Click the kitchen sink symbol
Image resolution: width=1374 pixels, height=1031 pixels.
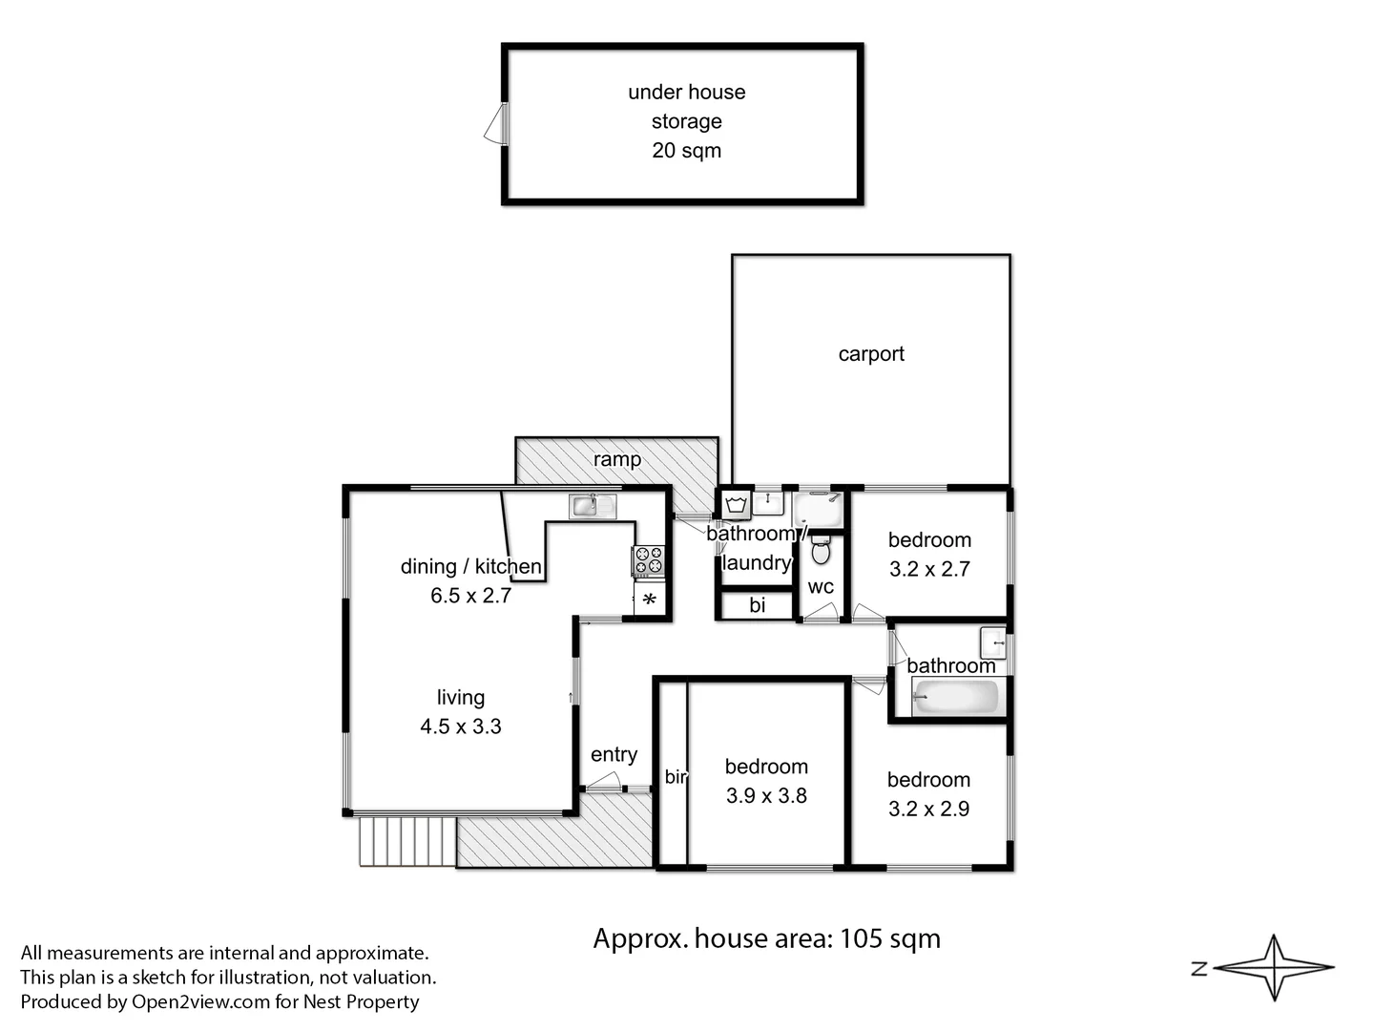(593, 505)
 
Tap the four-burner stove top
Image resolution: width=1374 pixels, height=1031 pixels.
(649, 560)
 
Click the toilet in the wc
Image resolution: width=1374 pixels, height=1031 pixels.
(821, 551)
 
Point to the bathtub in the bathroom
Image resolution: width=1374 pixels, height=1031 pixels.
(955, 697)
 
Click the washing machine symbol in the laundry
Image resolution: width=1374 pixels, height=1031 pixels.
(735, 504)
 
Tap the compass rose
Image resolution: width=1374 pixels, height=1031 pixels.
(1275, 968)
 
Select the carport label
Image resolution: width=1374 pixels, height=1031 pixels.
(871, 354)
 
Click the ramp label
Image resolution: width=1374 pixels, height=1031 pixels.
(617, 459)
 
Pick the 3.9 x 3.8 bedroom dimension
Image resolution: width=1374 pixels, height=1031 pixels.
(766, 796)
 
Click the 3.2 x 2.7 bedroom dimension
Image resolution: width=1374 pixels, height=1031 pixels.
(929, 570)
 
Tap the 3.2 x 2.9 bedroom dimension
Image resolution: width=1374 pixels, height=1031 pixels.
(928, 810)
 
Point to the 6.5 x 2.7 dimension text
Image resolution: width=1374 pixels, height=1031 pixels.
(470, 596)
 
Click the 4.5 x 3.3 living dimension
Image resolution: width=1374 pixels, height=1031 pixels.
(461, 726)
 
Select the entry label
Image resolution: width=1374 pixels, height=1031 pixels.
(614, 755)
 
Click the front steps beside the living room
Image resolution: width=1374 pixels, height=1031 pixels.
(406, 840)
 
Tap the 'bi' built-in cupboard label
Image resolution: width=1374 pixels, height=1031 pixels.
(757, 605)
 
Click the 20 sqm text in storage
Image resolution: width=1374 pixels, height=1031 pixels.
(686, 151)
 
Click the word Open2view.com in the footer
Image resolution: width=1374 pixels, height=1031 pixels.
(201, 1001)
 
